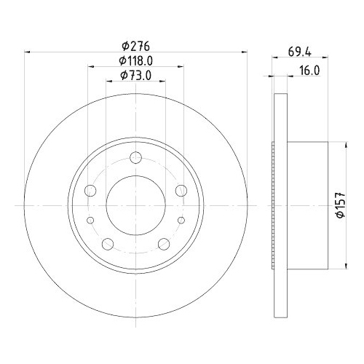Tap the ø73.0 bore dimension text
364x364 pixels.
pos(136,76)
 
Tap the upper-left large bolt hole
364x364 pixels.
pos(91,191)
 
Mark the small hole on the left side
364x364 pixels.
pos(90,220)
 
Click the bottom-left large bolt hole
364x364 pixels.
pos(107,244)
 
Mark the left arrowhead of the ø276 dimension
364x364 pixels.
pos(28,52)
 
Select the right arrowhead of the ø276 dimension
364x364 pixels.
pos(244,52)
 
